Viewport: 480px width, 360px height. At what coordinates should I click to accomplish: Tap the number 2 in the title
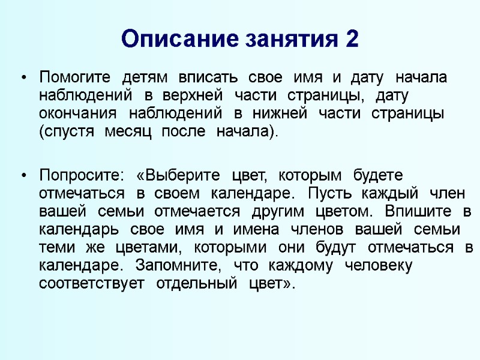[352, 40]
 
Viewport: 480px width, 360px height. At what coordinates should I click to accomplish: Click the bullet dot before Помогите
[23, 78]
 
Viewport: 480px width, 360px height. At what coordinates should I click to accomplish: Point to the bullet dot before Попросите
[23, 176]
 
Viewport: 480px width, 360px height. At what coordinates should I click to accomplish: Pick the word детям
[144, 78]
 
